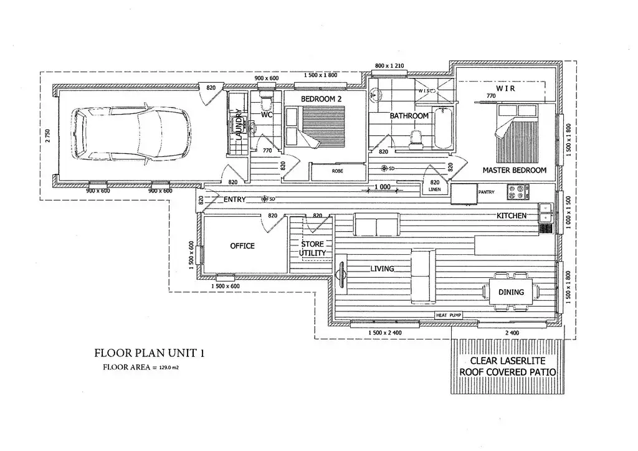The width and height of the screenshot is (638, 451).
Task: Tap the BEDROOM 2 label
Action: click(x=321, y=99)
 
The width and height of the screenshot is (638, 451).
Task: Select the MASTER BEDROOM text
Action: click(x=514, y=170)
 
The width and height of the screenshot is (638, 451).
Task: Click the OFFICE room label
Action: click(x=242, y=245)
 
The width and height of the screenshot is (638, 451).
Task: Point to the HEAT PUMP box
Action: click(x=449, y=315)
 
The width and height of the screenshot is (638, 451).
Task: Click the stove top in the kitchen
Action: click(x=518, y=192)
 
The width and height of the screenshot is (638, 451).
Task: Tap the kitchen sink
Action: click(x=546, y=213)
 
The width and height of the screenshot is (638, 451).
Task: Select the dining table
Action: click(x=511, y=292)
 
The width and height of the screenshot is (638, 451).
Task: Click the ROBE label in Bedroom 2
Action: click(x=337, y=171)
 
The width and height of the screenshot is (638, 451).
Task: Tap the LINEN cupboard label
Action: click(x=434, y=189)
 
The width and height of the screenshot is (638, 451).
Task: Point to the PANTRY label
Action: click(x=486, y=192)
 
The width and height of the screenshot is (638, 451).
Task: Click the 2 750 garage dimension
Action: click(x=48, y=135)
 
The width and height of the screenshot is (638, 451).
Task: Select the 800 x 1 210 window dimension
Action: click(x=389, y=65)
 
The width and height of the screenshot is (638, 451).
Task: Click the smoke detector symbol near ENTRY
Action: click(x=264, y=199)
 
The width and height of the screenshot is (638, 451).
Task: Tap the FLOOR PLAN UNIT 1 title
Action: click(x=149, y=353)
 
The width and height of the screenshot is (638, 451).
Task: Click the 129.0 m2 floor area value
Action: click(x=168, y=368)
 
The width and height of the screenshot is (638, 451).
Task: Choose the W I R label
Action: click(x=505, y=88)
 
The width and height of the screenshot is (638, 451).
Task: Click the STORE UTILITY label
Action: click(x=313, y=249)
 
